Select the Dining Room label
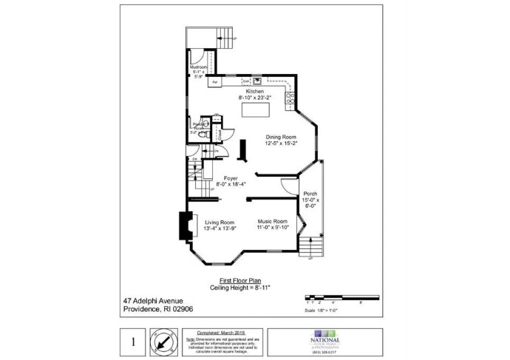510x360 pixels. pyautogui.click(x=282, y=137)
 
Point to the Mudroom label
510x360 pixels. pyautogui.click(x=198, y=67)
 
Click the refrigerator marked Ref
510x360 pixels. pyautogui.click(x=214, y=82)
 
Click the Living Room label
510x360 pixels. pyautogui.click(x=220, y=222)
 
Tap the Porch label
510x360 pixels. pyautogui.click(x=310, y=194)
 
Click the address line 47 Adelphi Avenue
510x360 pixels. pyautogui.click(x=154, y=301)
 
